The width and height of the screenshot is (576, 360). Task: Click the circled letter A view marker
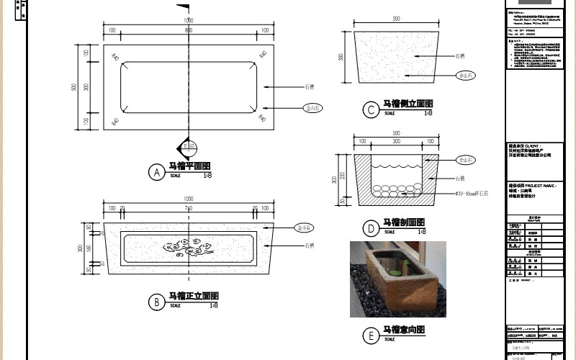click(x=156, y=173)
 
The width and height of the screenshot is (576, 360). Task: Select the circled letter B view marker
click(x=156, y=303)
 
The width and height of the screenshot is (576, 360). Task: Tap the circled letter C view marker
click(x=370, y=110)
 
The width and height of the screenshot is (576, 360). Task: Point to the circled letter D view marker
click(x=370, y=229)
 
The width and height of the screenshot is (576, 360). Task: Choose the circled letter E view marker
click(x=370, y=336)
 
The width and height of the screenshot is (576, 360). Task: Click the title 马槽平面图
click(x=189, y=166)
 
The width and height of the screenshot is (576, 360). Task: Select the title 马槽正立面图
click(x=192, y=297)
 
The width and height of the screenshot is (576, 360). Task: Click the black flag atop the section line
click(x=184, y=9)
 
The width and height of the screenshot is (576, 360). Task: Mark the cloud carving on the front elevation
click(x=188, y=248)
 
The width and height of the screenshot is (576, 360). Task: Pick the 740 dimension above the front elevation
click(x=189, y=209)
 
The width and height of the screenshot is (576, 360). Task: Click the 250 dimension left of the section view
click(x=343, y=174)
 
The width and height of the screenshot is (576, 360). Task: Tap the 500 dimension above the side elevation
click(x=396, y=19)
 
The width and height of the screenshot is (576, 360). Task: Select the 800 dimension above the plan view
click(x=189, y=31)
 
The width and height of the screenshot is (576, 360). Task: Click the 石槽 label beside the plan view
click(x=310, y=86)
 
